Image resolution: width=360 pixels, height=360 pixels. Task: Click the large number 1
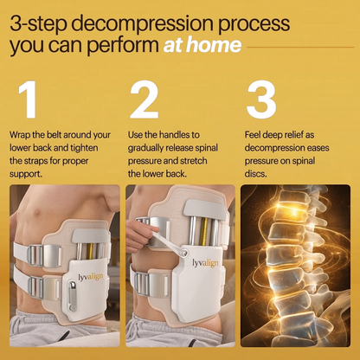point(27,101)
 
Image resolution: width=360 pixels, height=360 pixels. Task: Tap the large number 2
point(145,101)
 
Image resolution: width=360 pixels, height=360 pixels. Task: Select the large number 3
point(260,101)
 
